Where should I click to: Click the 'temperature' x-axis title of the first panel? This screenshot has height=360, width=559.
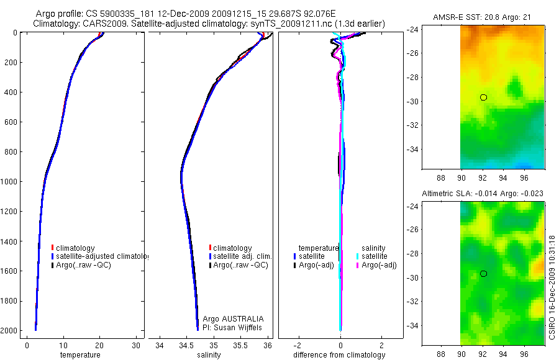click(80, 355)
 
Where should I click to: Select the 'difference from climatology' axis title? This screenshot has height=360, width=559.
click(339, 355)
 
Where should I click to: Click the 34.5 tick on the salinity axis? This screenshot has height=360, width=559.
click(186, 344)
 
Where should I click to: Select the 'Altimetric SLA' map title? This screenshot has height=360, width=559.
click(483, 194)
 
